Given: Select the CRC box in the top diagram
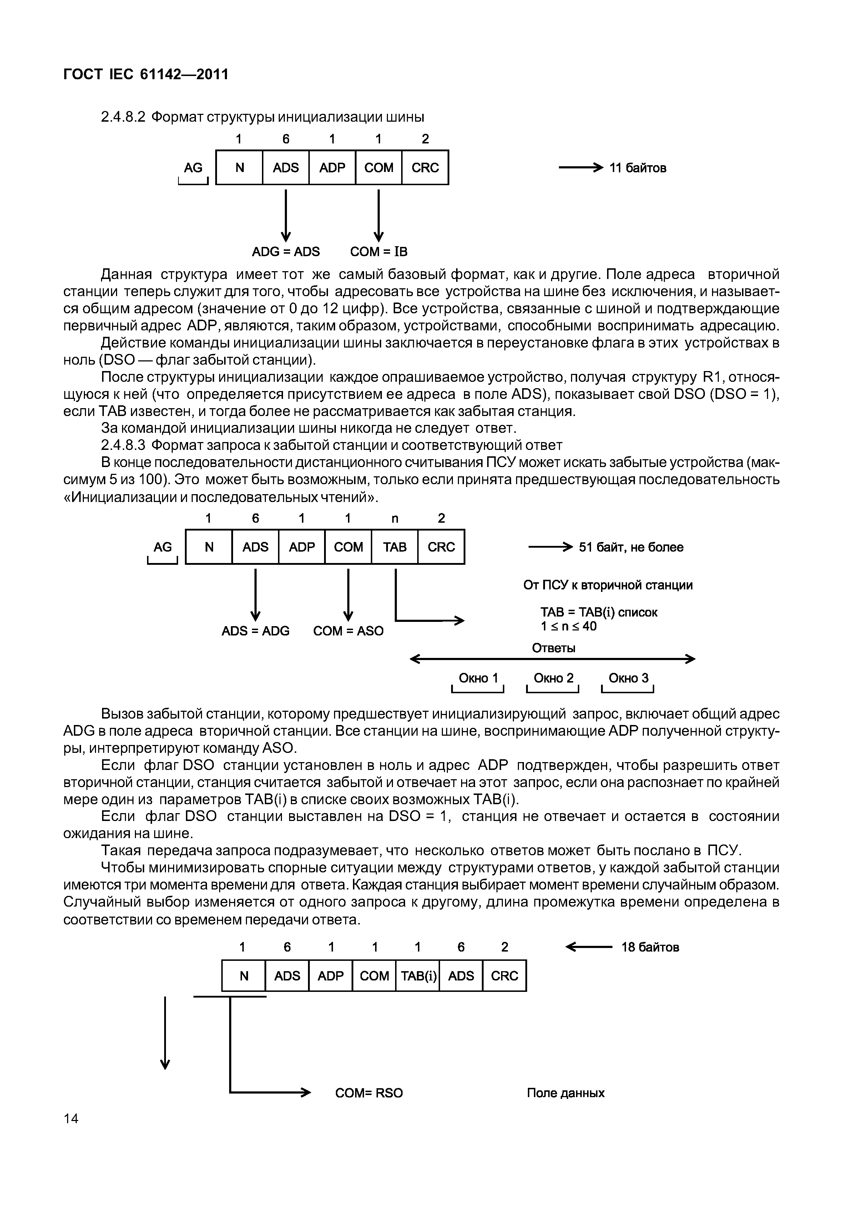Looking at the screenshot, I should point(425,168).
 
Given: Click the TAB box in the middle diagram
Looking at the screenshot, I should point(395,547).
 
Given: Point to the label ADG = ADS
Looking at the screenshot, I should point(286,252).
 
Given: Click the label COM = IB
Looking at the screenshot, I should point(379,252).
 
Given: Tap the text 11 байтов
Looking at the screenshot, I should point(637,168).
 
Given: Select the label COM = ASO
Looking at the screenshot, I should point(348,631).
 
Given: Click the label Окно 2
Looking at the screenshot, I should point(553,678).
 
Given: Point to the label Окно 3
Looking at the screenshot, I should point(628,678).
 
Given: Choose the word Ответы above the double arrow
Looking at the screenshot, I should point(553,648).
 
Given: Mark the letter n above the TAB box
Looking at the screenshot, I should point(395,518).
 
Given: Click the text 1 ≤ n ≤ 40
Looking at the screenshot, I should point(568,626).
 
